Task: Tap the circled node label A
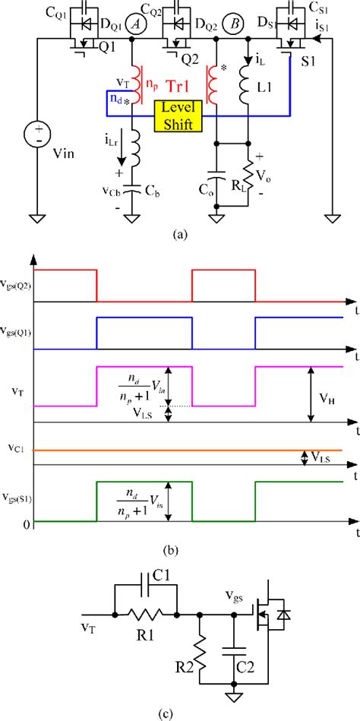click(137, 24)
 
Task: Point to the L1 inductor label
click(264, 89)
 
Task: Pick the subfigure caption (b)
click(179, 547)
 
